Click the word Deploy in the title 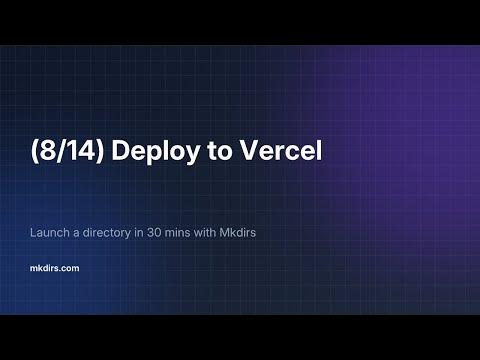coord(142,155)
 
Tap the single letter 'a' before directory coord(77,234)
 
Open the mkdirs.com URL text coord(56,268)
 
